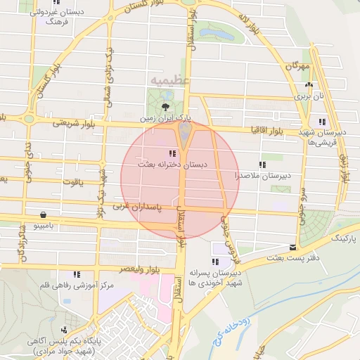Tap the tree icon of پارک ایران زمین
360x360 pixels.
tap(165, 107)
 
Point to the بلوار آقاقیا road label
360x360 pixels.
tap(267, 131)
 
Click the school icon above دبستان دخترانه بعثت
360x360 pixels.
tap(172, 153)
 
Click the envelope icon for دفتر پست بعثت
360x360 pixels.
tap(293, 247)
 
